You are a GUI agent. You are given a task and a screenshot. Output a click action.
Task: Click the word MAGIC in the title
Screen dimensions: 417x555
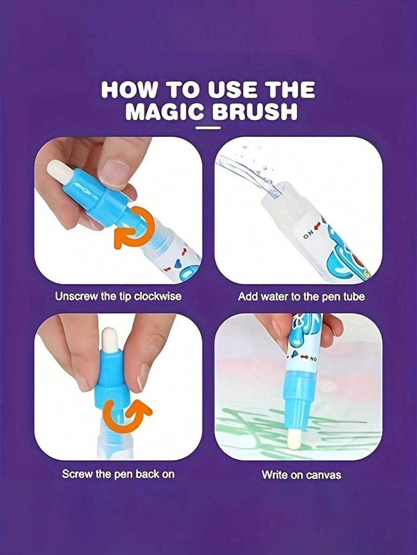tap(164, 112)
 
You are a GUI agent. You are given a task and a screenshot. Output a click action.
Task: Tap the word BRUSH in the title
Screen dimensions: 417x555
tap(254, 112)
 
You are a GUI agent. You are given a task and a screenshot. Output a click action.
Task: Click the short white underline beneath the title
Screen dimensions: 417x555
tap(208, 128)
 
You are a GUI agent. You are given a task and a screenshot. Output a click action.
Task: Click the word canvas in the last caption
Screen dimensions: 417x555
tap(323, 475)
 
